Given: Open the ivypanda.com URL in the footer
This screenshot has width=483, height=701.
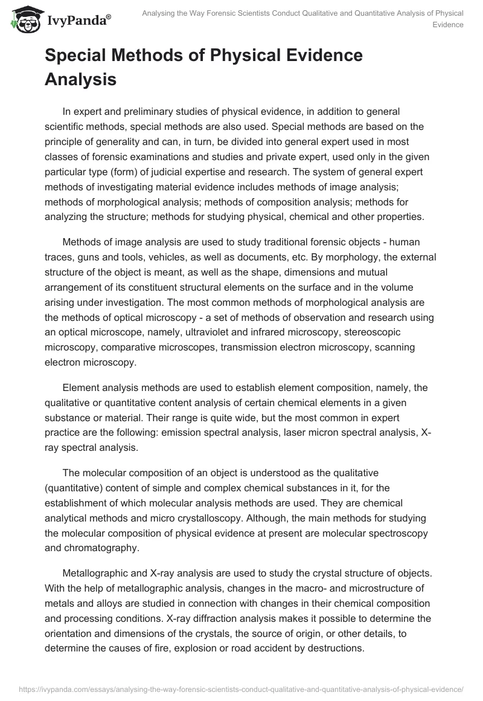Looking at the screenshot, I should click(x=241, y=688).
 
